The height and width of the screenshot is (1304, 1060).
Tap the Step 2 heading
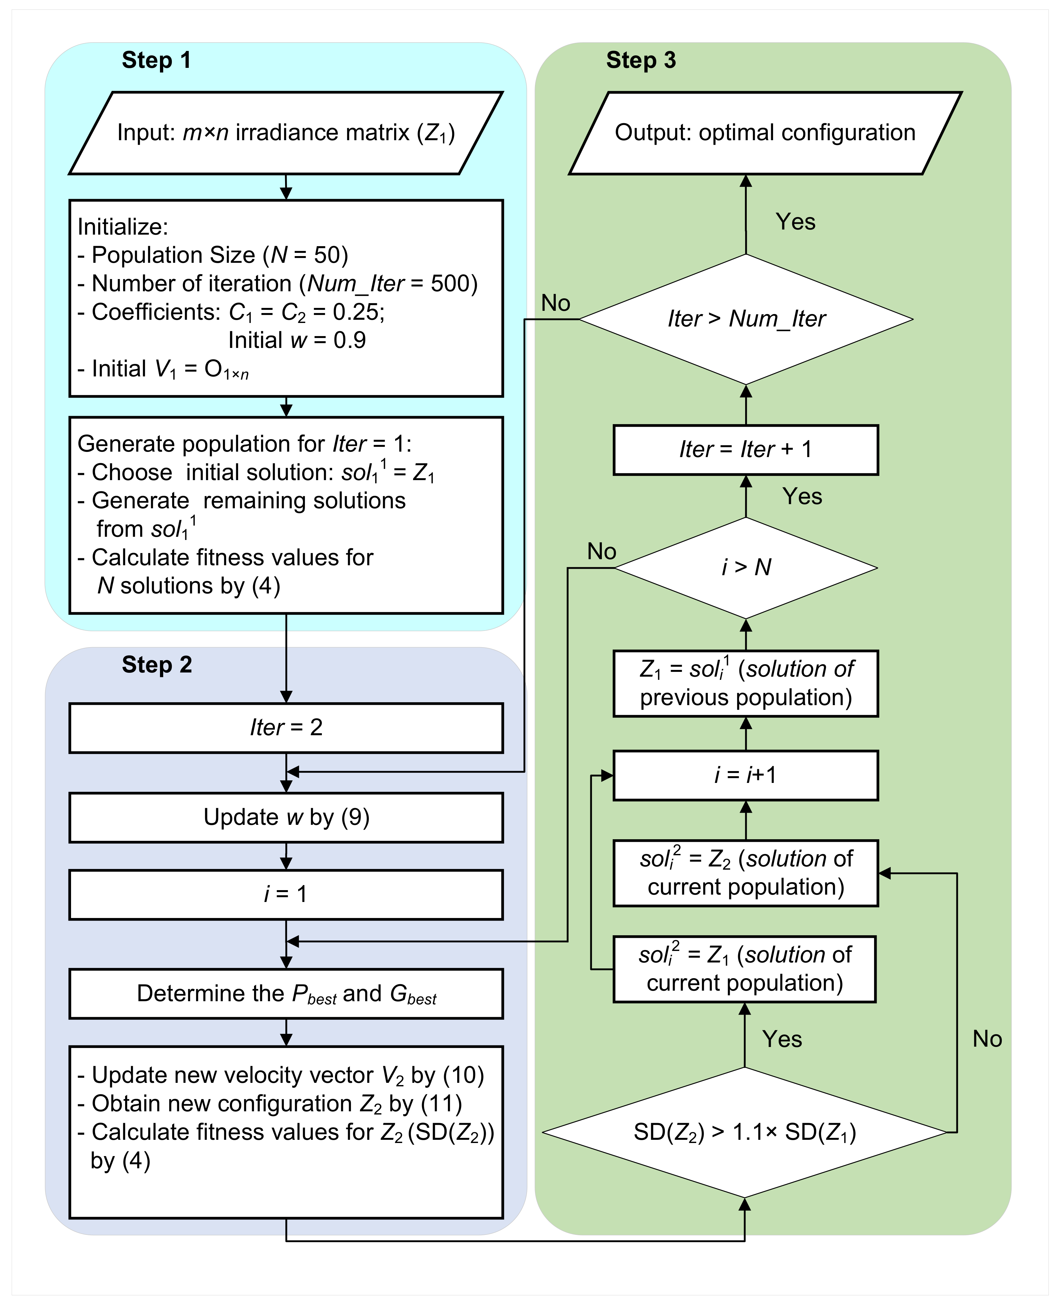click(156, 664)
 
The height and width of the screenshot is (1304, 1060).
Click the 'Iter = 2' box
click(286, 728)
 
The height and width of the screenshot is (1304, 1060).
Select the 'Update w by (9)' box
click(286, 817)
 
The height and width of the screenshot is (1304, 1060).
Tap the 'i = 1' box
click(286, 894)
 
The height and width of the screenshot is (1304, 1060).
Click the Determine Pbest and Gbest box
click(286, 994)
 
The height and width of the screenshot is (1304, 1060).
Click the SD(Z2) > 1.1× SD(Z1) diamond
click(744, 1132)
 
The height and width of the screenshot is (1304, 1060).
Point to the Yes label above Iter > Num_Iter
click(795, 222)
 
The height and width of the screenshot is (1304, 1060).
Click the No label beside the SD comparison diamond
click(987, 1039)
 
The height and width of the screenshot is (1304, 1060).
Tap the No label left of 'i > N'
click(602, 551)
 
